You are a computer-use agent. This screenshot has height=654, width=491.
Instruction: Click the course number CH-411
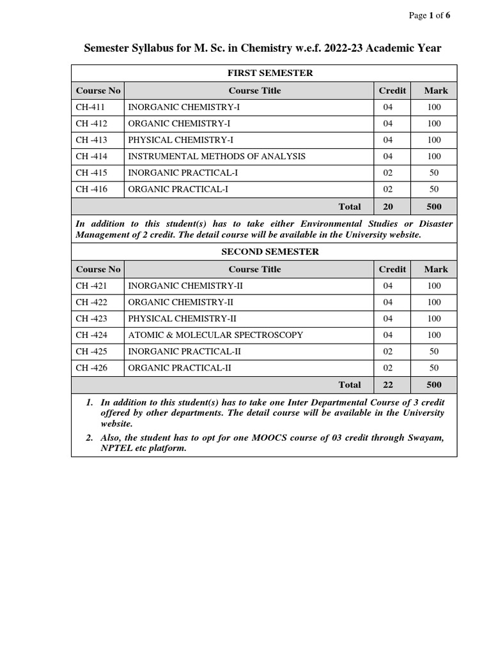point(90,107)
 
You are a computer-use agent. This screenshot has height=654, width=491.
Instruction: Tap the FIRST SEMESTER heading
point(264,73)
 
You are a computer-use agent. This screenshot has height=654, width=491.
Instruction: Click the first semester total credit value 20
point(388,206)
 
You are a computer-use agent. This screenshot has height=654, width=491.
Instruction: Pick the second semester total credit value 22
point(388,384)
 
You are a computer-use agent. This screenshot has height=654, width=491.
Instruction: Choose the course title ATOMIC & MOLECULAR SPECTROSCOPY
point(215,335)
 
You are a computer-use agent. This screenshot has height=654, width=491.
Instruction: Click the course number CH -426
point(91,367)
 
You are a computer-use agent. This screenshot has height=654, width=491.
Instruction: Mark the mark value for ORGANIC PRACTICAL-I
point(434,189)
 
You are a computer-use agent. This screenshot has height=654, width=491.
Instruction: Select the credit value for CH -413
point(388,140)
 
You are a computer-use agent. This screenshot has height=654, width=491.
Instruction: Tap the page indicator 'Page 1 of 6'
point(430,15)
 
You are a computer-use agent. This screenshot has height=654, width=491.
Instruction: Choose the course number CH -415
point(91,172)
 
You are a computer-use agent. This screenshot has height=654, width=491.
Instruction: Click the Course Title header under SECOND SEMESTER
point(254,269)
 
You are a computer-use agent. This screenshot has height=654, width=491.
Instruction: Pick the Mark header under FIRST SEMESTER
point(436,90)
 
